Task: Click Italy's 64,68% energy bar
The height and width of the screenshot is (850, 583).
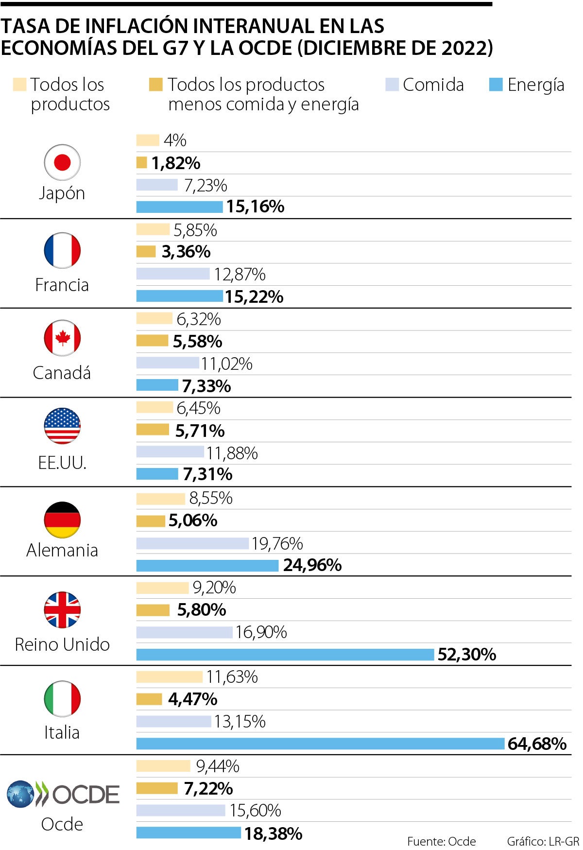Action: click(320, 744)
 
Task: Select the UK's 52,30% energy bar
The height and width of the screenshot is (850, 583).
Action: click(285, 654)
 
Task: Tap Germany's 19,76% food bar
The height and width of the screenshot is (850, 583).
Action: click(192, 543)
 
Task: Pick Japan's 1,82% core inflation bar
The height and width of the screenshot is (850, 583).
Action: click(141, 163)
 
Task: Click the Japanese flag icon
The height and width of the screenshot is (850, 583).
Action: click(62, 162)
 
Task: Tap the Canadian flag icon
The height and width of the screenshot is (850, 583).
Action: click(62, 338)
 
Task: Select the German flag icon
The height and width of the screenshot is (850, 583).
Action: click(62, 520)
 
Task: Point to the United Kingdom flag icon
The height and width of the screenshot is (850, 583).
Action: click(62, 610)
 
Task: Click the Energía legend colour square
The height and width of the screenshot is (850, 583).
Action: click(496, 85)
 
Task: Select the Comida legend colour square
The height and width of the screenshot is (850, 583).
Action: click(392, 85)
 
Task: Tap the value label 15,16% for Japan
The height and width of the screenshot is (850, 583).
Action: click(255, 207)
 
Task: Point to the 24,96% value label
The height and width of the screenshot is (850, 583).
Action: click(312, 565)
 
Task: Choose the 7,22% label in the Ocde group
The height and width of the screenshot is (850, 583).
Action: click(208, 788)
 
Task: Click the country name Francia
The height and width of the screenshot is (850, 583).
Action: click(62, 285)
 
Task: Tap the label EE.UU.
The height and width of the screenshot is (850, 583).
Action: click(62, 463)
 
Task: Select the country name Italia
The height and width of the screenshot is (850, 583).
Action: click(62, 732)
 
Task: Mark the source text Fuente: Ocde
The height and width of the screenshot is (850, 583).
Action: click(442, 841)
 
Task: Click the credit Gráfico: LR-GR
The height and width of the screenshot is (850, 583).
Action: click(543, 841)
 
